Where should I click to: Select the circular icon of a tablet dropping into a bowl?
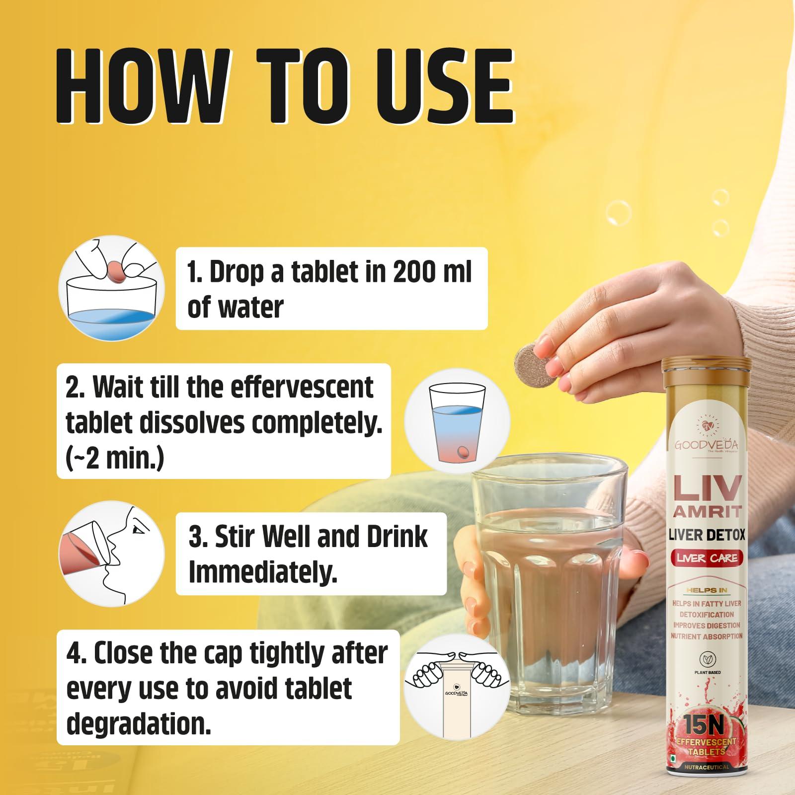[x=111, y=288]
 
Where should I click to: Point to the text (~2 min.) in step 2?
[x=115, y=459]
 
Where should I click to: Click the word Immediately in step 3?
[x=263, y=572]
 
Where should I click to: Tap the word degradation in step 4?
[x=139, y=723]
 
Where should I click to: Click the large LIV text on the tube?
[x=707, y=489]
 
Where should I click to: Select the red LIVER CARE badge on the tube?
[x=707, y=557]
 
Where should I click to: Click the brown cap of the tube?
[x=707, y=372]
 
